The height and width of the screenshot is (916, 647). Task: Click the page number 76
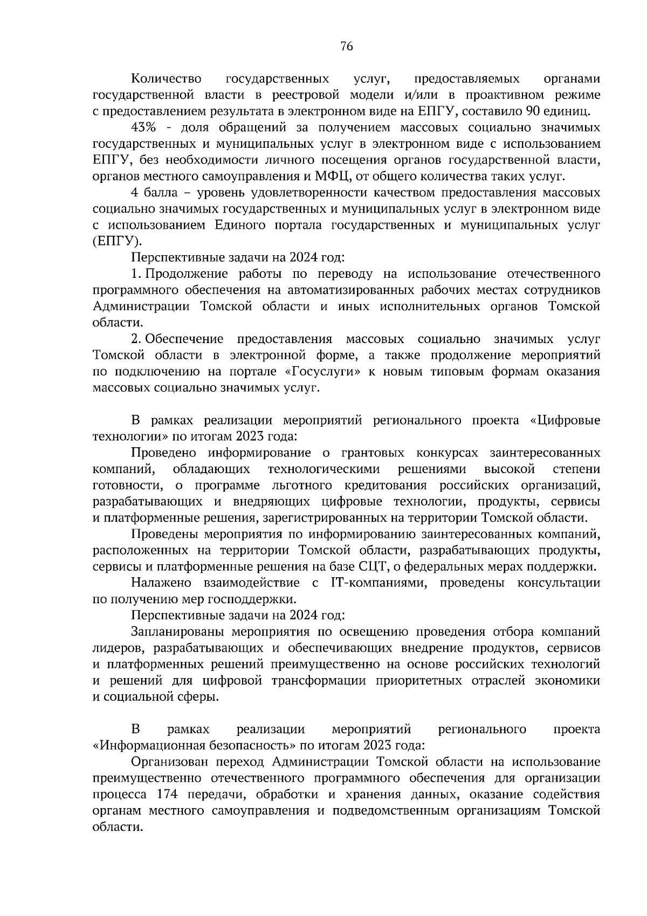[347, 47]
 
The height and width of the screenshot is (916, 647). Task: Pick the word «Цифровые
[565, 420]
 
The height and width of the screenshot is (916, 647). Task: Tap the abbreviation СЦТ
[370, 566]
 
